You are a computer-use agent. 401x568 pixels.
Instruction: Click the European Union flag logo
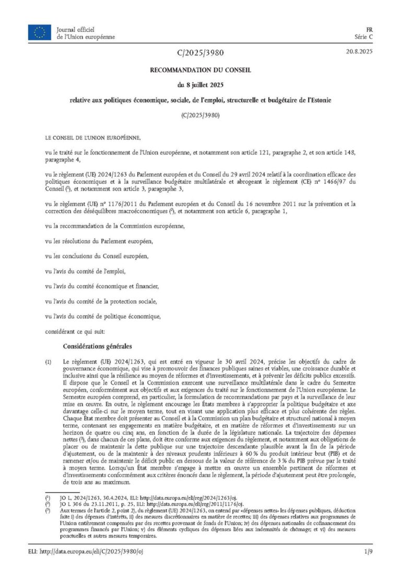pyautogui.click(x=40, y=32)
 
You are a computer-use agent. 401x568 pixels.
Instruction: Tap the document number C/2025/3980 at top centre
pyautogui.click(x=200, y=53)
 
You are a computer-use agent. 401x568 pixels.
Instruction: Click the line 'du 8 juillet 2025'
pyautogui.click(x=200, y=86)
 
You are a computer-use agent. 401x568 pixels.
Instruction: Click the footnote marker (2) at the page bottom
pyautogui.click(x=48, y=504)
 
